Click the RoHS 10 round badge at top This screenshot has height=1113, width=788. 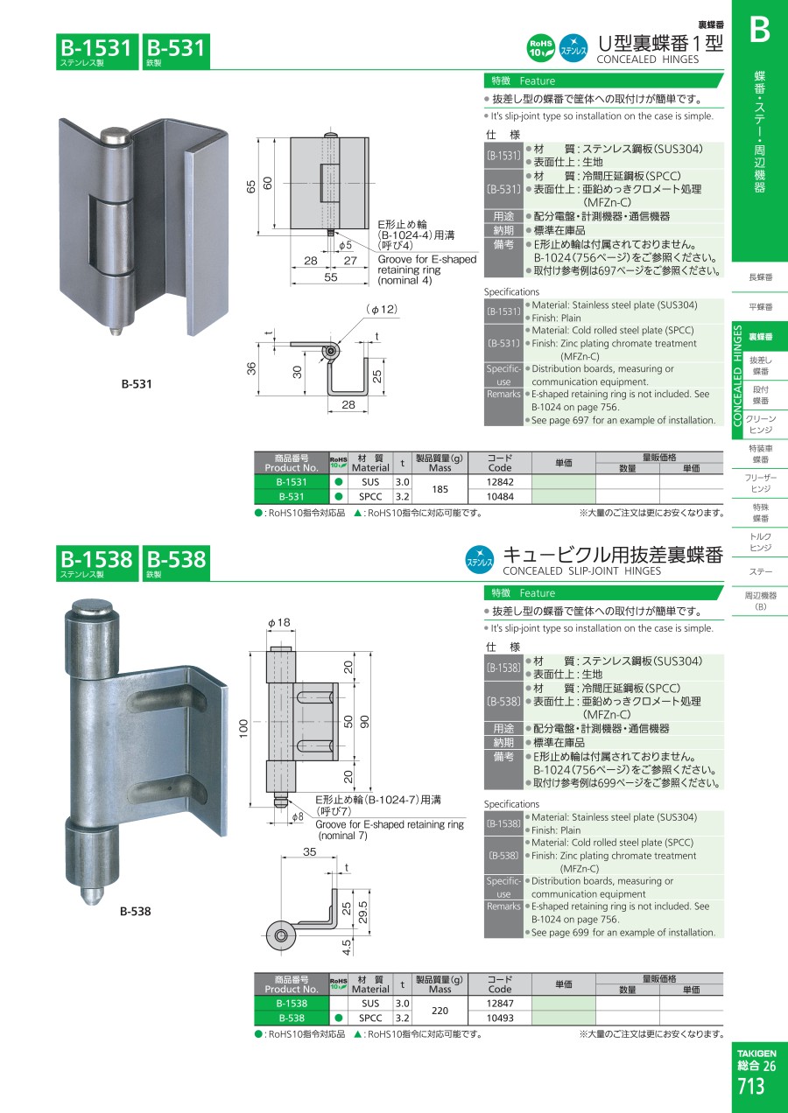coord(540,48)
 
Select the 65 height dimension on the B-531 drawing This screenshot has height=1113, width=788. coord(251,186)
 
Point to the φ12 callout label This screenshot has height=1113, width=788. coord(383,310)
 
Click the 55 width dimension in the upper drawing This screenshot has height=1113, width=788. coord(331,277)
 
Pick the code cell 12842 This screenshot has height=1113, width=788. coord(500,482)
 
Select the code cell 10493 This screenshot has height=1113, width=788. coord(500,1018)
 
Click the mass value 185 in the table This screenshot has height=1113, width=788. coord(440,489)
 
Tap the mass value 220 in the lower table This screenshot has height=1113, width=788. coord(440,1011)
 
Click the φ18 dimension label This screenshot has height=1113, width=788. coord(279,623)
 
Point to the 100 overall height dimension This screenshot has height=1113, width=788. coord(243,729)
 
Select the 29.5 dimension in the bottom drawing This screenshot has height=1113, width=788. coord(363,913)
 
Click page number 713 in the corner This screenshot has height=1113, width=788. coord(750,1086)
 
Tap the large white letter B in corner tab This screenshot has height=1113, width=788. coord(760,30)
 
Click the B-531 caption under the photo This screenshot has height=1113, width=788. coord(137,384)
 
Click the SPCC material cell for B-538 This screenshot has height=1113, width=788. coord(370,1018)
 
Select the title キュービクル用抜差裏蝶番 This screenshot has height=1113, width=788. coord(613,555)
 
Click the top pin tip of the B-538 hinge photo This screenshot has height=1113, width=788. coord(94,606)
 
